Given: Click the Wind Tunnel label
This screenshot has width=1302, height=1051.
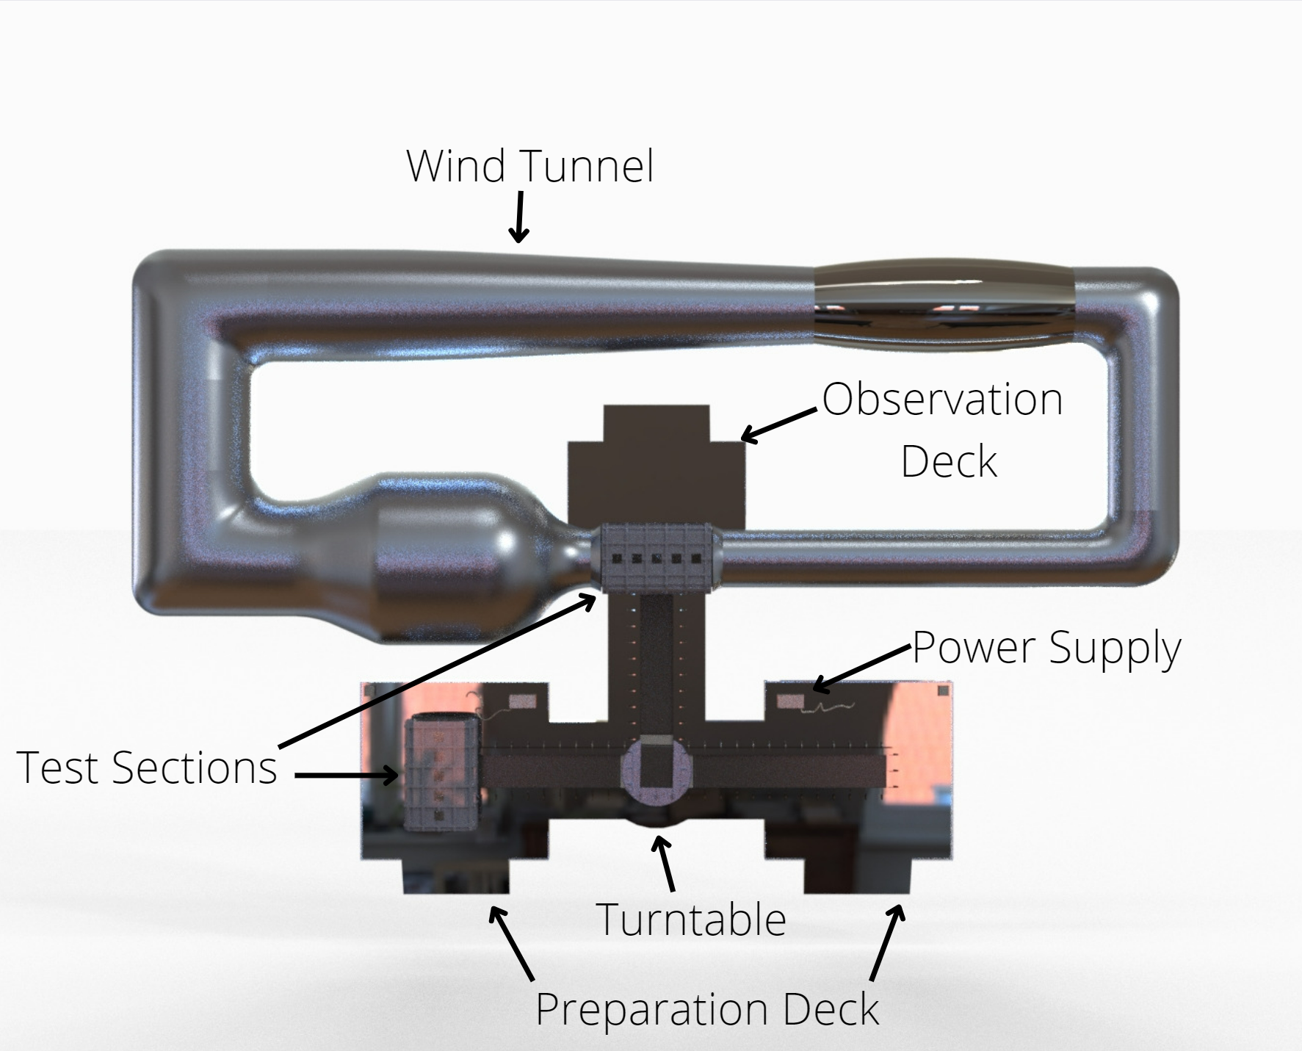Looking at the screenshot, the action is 529,166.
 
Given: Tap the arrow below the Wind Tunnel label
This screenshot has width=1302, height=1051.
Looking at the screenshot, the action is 519,217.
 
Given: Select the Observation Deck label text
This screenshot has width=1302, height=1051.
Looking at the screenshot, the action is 943,430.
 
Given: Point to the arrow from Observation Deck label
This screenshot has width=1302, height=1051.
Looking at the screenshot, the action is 778,426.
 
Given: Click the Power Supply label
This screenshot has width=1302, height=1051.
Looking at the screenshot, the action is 1046,649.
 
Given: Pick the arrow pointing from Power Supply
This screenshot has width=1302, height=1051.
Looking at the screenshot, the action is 861,670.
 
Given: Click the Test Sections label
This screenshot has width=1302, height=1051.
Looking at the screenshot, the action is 146,768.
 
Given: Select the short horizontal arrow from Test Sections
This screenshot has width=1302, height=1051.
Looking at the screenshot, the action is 347,775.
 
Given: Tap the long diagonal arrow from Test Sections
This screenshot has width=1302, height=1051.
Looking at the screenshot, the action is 438,671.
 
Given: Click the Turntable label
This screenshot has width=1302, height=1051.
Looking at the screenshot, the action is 691,919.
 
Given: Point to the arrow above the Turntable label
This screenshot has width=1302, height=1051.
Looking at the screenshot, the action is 665,864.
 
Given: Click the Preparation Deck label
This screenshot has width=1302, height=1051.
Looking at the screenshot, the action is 706,1009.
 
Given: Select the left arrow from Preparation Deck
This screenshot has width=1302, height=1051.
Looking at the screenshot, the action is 512,944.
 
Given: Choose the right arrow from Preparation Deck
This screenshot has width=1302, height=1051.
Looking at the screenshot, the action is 887,943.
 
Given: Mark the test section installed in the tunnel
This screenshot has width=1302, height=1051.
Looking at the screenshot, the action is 657,558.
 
